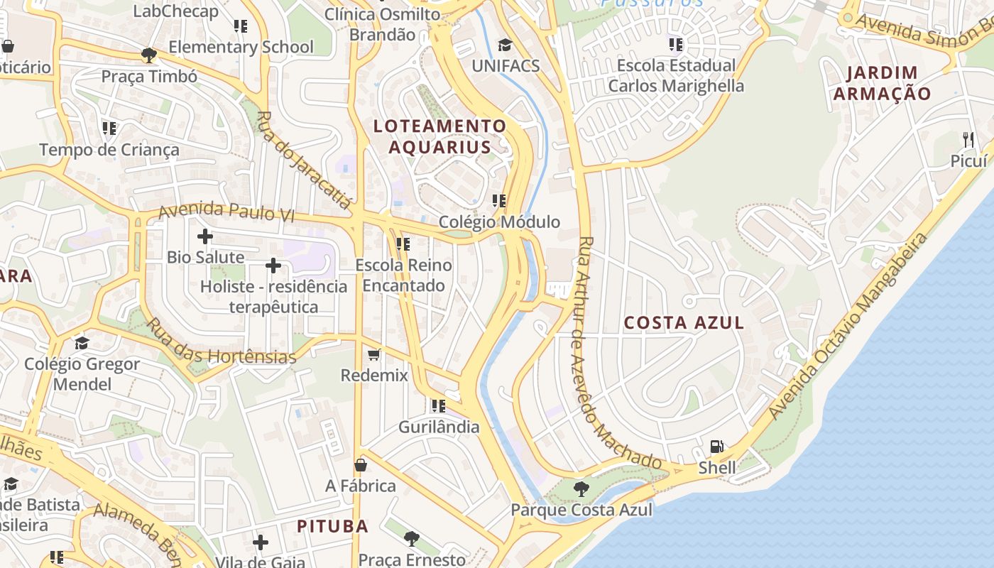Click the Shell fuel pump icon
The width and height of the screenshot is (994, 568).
pos(717,447)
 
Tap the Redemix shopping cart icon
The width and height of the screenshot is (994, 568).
pos(374,354)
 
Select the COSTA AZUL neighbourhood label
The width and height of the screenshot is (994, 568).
pos(684,323)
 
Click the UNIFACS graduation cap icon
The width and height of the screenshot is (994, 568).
pos(505,45)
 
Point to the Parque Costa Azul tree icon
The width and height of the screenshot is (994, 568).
pos(581,488)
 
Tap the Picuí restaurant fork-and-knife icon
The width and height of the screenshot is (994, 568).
pos(968,138)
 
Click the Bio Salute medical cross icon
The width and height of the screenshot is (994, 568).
pos(205,236)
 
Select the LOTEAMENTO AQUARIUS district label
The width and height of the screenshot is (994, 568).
pos(440,136)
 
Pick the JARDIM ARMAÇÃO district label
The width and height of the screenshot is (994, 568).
pos(883,82)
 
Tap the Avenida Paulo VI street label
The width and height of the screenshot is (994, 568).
pos(226,212)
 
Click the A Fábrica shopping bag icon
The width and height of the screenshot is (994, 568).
pos(361,465)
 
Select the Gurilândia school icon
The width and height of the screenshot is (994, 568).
pos(439,406)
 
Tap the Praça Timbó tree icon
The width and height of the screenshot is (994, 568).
pos(149,55)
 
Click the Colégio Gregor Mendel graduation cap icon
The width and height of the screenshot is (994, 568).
pos(82,344)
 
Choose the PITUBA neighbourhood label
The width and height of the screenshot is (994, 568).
pos(332,526)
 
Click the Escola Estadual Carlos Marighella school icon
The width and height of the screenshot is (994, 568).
pos(676,45)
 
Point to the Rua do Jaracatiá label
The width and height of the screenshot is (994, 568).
pos(304,160)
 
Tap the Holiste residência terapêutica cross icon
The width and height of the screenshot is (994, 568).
pos(273,266)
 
